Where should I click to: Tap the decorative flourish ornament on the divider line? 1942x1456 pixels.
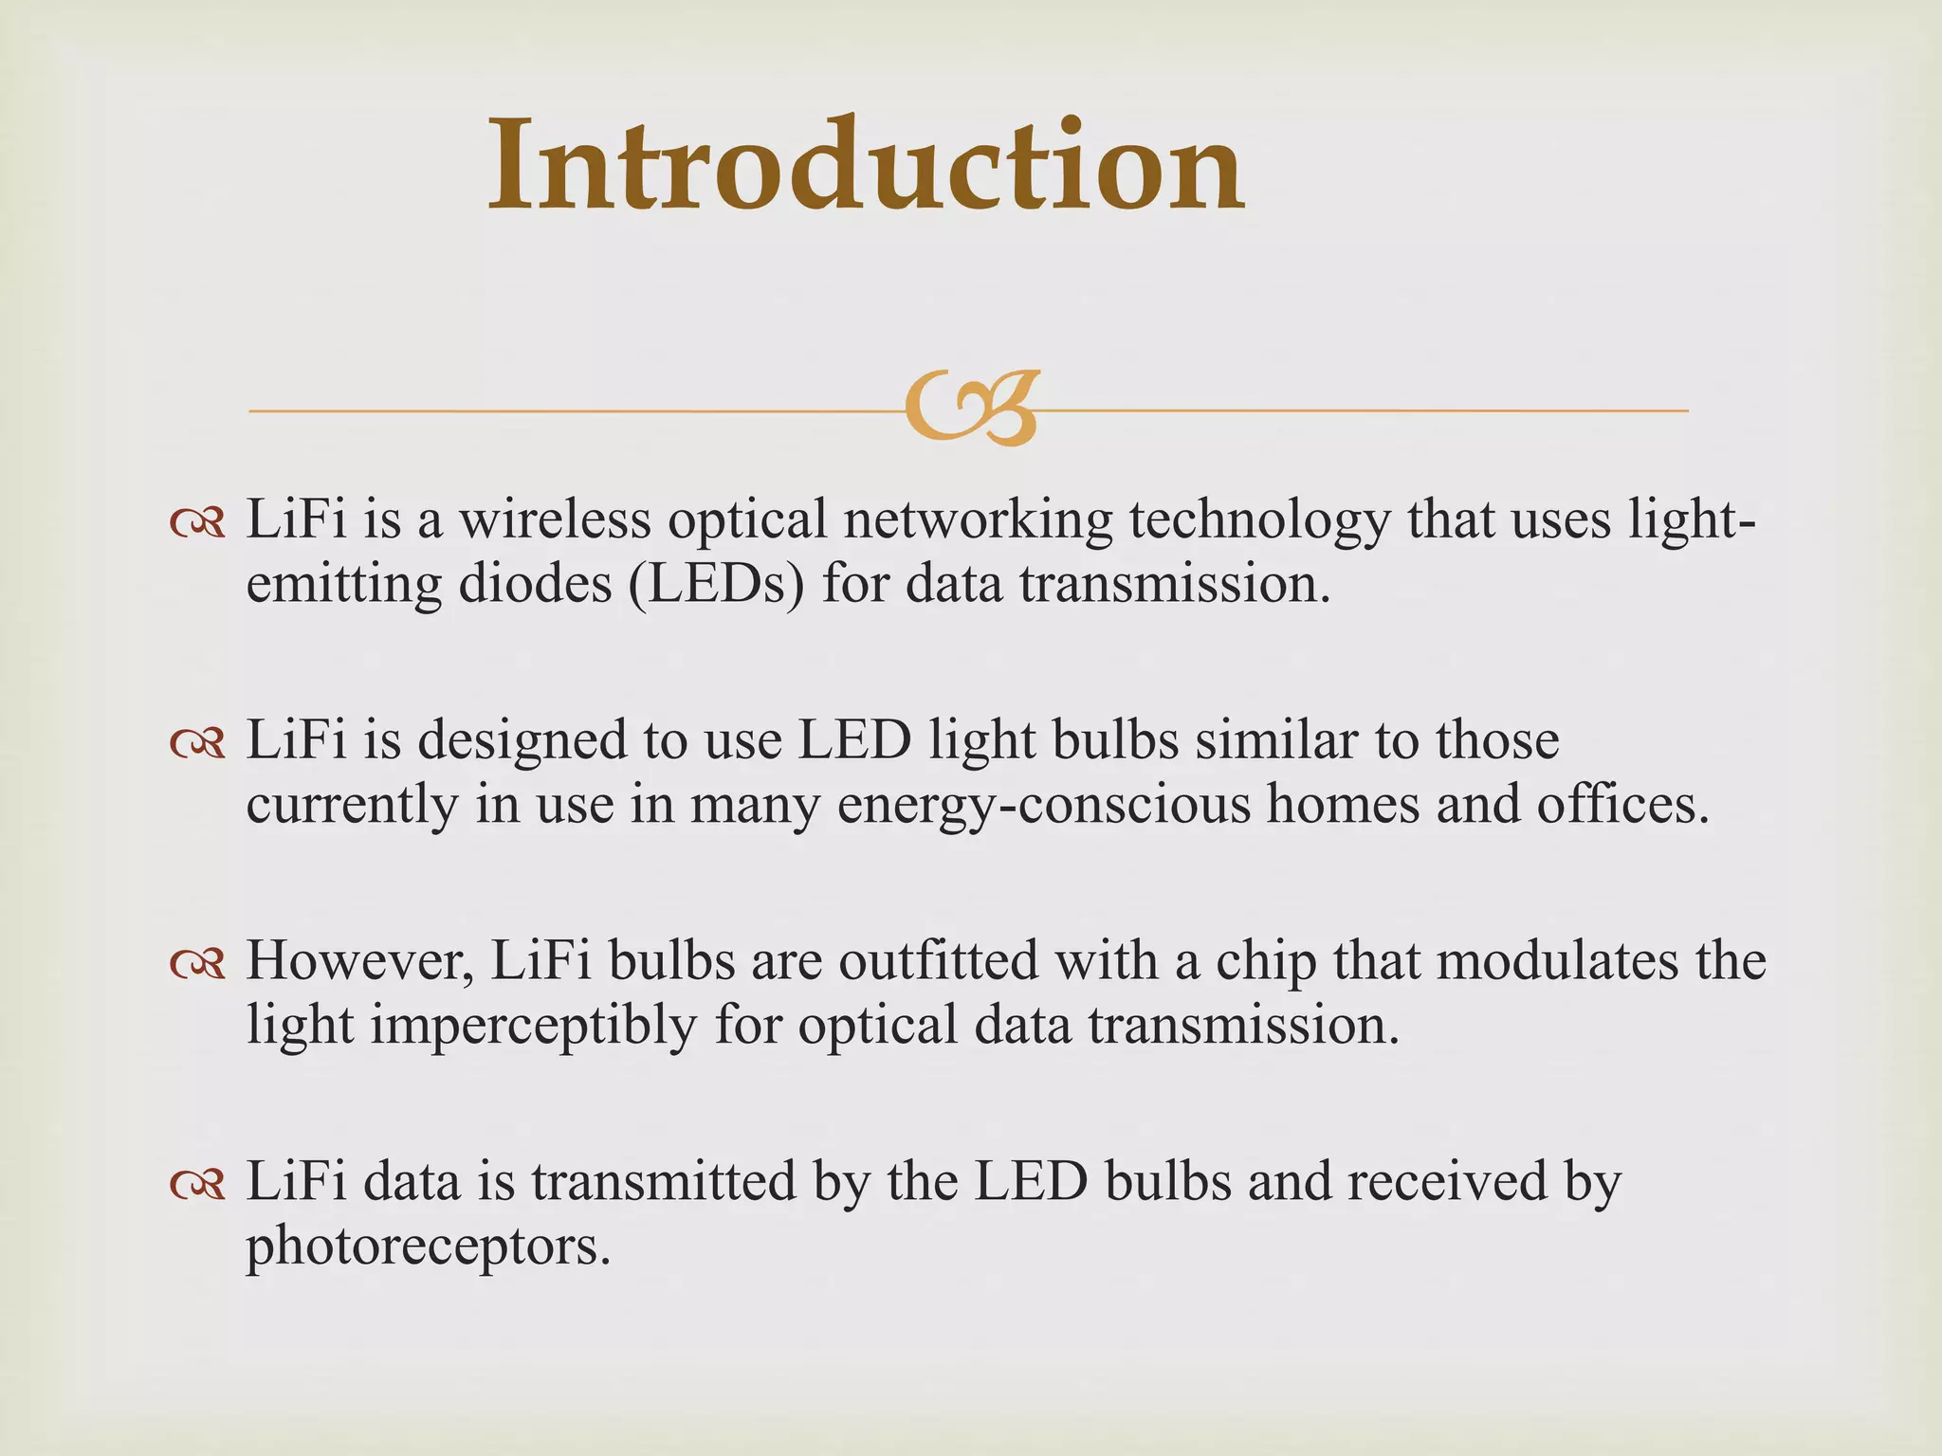971,409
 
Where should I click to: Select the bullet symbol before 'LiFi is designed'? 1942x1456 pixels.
197,743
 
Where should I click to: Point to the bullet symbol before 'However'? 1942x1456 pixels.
197,964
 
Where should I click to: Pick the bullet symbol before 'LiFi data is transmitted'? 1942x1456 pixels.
197,1184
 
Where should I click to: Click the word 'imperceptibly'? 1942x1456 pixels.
533,1027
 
